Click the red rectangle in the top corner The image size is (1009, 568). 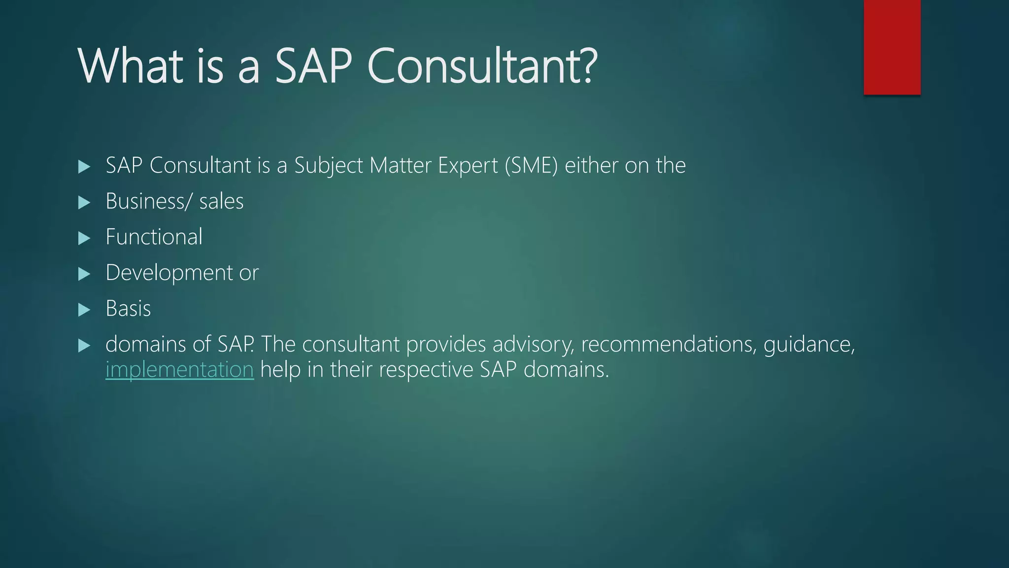(x=892, y=47)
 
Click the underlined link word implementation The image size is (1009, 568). (x=179, y=369)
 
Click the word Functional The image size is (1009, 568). (x=154, y=237)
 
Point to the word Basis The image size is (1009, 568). (x=128, y=309)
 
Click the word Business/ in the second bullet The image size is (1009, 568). (x=147, y=201)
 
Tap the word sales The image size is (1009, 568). (x=221, y=202)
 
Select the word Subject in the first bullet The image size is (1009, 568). (x=329, y=166)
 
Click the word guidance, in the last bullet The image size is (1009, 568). (x=809, y=344)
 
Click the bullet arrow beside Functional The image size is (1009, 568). (x=84, y=239)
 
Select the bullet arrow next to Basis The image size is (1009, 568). (x=84, y=310)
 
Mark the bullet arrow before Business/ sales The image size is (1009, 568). (x=84, y=203)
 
